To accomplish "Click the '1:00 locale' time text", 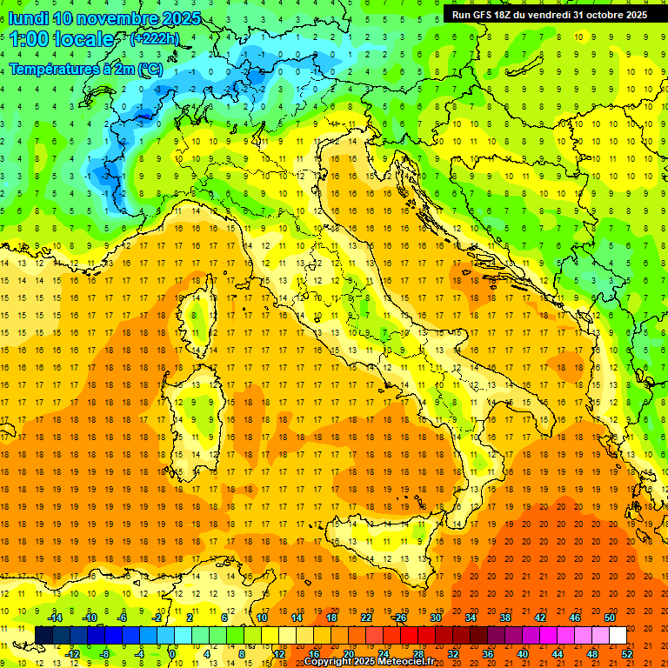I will click(x=61, y=39).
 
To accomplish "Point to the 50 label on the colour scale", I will click(x=610, y=618).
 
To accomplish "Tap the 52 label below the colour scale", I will click(x=627, y=654).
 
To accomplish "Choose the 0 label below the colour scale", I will click(x=172, y=654).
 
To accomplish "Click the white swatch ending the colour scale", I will click(x=618, y=636).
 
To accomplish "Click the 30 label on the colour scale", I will click(x=435, y=618).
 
